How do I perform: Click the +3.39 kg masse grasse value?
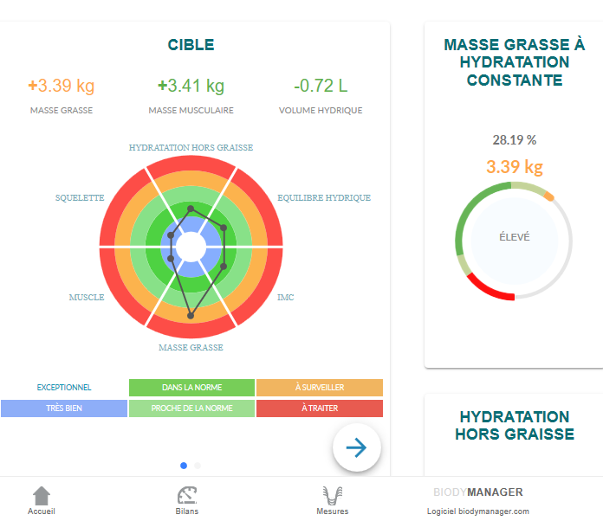click(x=61, y=86)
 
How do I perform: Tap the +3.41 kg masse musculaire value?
click(x=191, y=86)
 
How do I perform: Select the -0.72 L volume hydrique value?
click(x=321, y=86)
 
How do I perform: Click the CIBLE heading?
click(x=191, y=45)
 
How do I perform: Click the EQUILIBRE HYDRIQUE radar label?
click(x=324, y=197)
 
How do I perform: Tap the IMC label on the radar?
click(x=285, y=298)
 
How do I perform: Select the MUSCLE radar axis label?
click(x=87, y=298)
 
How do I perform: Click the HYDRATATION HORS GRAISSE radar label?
click(x=191, y=148)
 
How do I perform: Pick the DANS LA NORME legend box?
click(x=191, y=388)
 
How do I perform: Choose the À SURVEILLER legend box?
click(x=319, y=388)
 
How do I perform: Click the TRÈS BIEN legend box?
click(x=64, y=408)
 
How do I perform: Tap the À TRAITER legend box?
click(x=319, y=408)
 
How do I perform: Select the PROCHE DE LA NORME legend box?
click(x=191, y=408)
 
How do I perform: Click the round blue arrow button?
click(x=357, y=447)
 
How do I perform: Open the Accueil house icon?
click(x=42, y=495)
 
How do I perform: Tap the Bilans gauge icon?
click(x=187, y=495)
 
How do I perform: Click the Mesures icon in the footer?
click(x=332, y=495)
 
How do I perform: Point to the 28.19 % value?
click(x=515, y=139)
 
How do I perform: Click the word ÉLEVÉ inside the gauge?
click(x=514, y=237)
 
